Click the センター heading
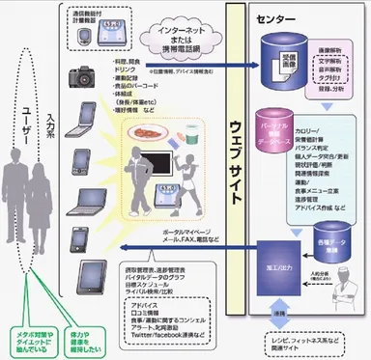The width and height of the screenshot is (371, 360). click(x=274, y=17)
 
